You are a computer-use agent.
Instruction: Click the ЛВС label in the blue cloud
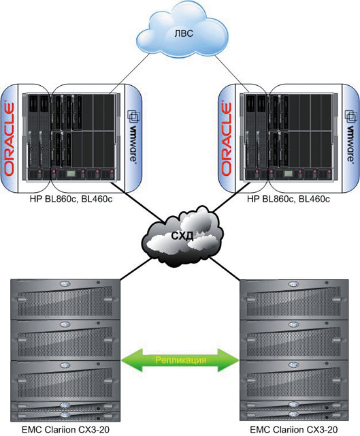(x=183, y=33)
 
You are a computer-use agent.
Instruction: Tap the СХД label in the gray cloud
(x=182, y=236)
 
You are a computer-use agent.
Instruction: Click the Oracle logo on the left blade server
(x=9, y=139)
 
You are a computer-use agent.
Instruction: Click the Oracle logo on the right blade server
(x=227, y=139)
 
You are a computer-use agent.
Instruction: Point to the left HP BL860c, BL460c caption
(x=71, y=199)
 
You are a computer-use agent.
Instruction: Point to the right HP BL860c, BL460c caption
(x=289, y=199)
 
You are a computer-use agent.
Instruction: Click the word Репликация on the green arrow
(x=180, y=360)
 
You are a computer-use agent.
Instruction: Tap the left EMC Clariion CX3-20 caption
(x=65, y=429)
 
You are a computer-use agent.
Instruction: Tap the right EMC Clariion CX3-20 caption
(x=294, y=429)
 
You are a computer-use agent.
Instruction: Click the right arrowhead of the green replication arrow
(x=229, y=360)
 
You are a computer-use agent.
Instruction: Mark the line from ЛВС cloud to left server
(x=129, y=74)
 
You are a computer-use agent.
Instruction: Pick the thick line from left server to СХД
(x=138, y=202)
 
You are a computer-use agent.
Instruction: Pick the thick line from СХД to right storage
(x=225, y=268)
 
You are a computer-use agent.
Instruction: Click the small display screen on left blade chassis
(x=71, y=174)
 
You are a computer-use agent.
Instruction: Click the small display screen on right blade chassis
(x=289, y=174)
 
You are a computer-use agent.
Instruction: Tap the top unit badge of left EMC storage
(x=65, y=284)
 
